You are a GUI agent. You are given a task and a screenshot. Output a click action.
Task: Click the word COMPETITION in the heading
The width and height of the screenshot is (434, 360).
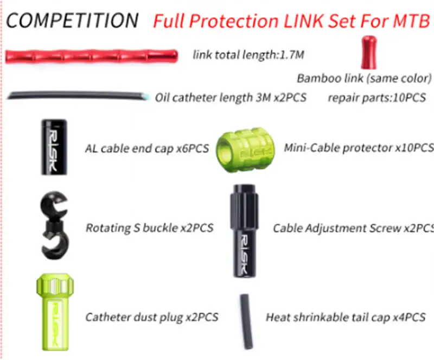[x=72, y=21]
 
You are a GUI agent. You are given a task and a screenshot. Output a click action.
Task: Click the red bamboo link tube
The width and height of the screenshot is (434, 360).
[x=91, y=54]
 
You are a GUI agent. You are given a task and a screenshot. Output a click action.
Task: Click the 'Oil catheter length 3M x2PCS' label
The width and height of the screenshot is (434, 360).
[x=231, y=98]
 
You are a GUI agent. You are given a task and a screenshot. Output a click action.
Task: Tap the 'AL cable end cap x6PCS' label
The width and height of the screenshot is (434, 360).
[x=146, y=148]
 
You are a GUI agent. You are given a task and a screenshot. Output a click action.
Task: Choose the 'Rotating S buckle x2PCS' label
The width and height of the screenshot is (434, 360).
[x=149, y=228]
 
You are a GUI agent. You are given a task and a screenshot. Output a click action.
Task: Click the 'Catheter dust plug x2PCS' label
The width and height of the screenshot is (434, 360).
[x=152, y=317]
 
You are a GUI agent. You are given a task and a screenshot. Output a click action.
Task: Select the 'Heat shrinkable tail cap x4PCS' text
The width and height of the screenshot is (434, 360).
[x=346, y=317]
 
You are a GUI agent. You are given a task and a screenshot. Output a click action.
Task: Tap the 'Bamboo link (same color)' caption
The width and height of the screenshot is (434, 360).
[x=364, y=78]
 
